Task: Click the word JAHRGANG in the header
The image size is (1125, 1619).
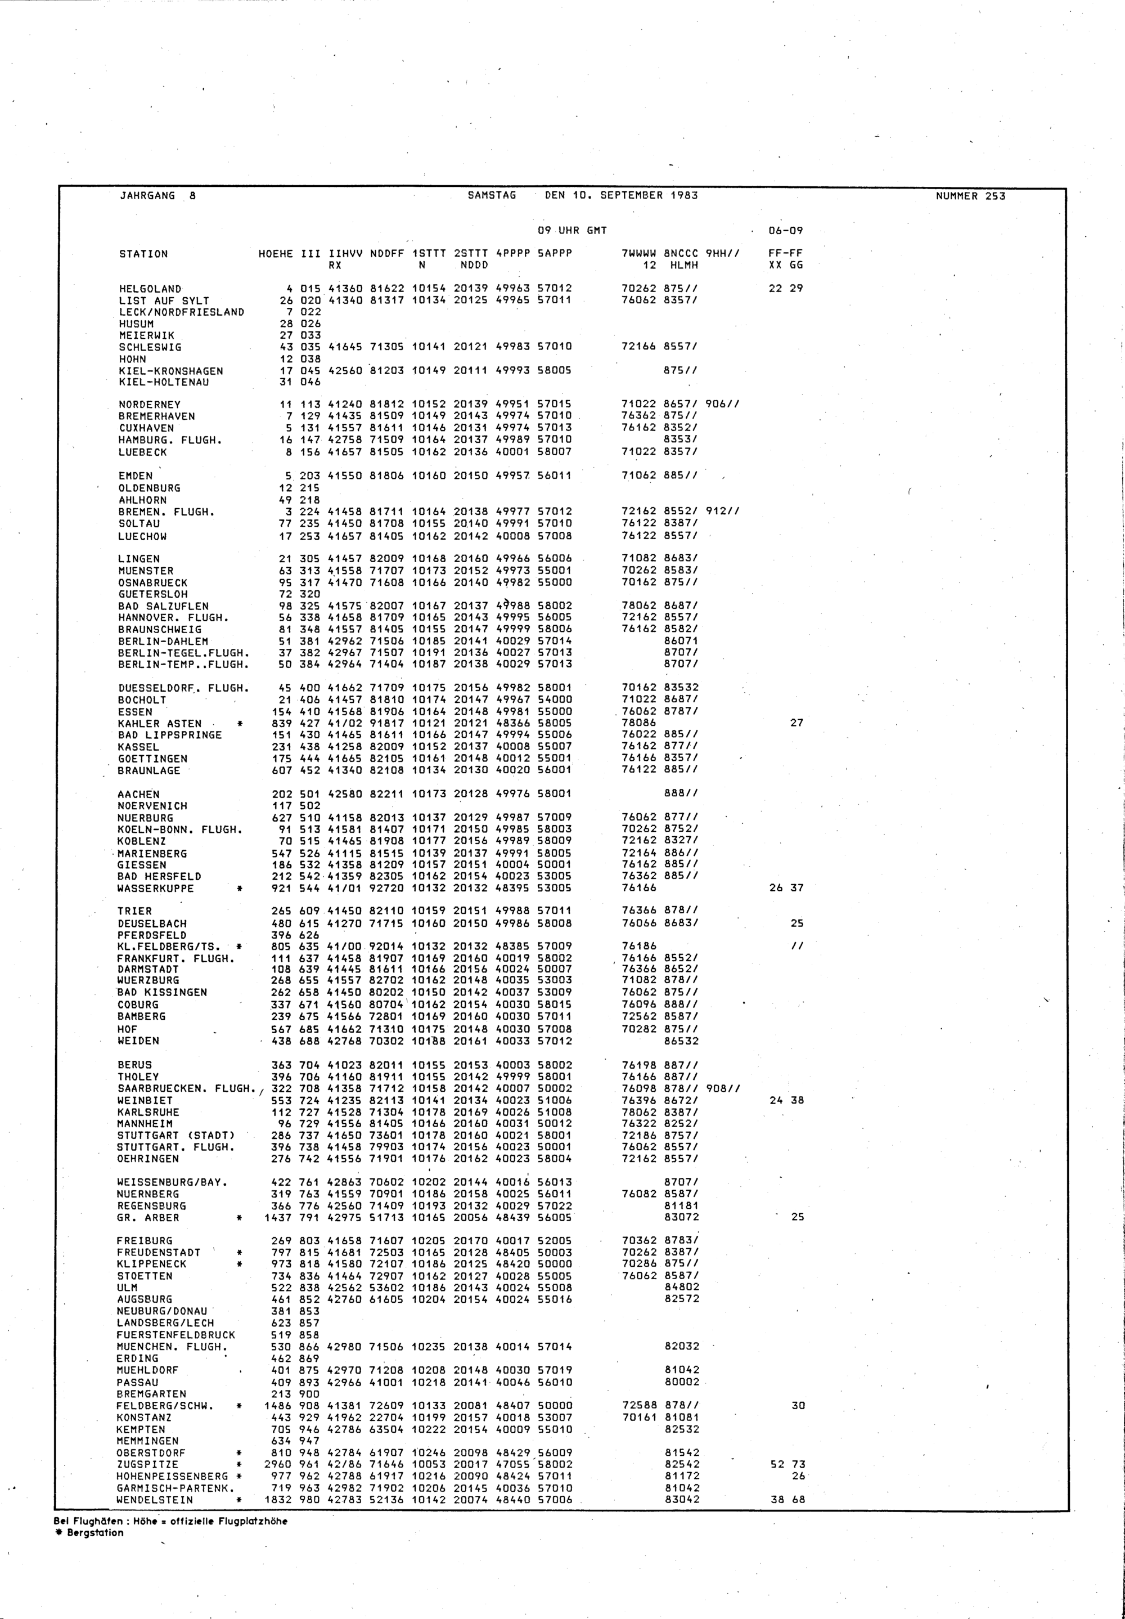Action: coord(147,196)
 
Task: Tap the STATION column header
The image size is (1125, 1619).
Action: coord(143,254)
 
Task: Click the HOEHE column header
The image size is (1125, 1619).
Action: coord(276,254)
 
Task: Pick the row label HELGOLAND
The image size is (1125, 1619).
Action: coord(150,288)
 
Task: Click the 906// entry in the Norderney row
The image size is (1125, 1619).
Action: coord(722,405)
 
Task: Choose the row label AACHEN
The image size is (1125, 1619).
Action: coord(138,794)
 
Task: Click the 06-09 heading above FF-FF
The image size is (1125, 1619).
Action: coord(785,231)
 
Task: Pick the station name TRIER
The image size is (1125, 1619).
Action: coord(134,911)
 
